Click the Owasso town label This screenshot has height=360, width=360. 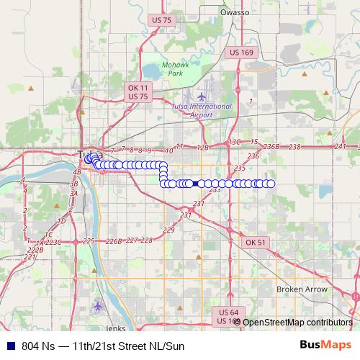[x=235, y=12]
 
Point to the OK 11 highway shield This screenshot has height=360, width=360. [x=138, y=87]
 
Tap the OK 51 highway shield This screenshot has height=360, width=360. [x=256, y=243]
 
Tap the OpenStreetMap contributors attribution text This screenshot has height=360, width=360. [x=297, y=322]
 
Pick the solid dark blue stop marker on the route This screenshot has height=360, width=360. [x=196, y=184]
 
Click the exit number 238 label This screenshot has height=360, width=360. [x=294, y=147]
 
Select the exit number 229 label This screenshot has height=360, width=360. [x=169, y=230]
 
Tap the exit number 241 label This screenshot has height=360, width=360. [x=341, y=146]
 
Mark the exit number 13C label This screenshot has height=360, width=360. [x=233, y=142]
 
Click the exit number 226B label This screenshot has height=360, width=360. [x=114, y=241]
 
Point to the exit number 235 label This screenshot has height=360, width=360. [x=240, y=168]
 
